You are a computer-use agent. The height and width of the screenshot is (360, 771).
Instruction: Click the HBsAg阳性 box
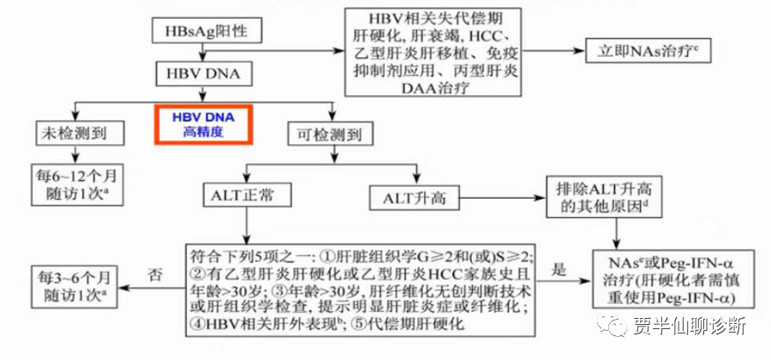tap(201, 32)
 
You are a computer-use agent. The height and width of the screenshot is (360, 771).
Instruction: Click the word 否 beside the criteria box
tap(155, 275)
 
